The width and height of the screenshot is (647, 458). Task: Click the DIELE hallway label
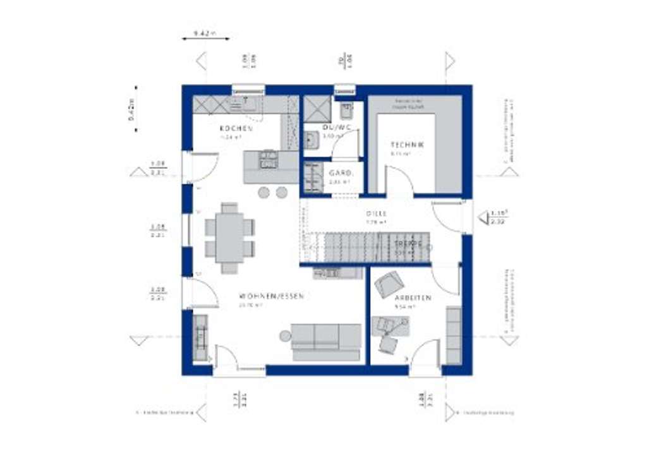coord(375,214)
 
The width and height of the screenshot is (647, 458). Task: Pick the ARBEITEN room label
coord(413,298)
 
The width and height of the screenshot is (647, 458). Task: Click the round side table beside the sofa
coord(286,336)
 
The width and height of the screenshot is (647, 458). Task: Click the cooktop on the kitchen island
coord(269,159)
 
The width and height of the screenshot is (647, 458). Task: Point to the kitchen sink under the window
coord(243,103)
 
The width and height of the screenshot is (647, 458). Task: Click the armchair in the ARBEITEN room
coord(389,284)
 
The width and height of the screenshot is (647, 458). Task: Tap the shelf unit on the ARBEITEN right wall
coord(453,335)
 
